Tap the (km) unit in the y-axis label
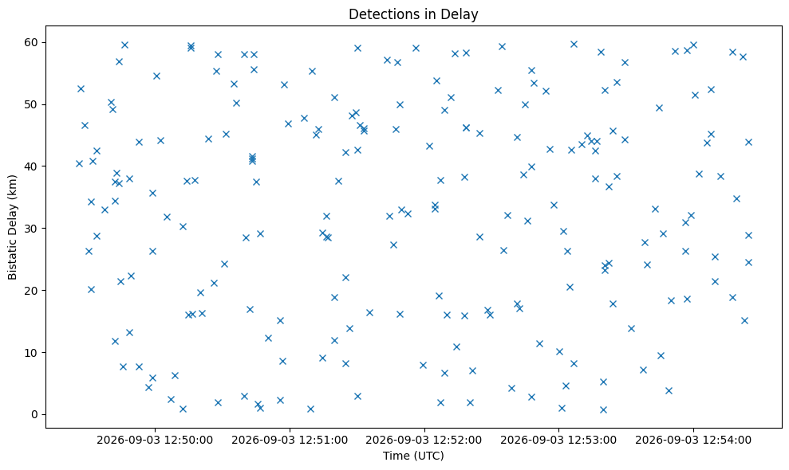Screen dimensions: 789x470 pyautogui.click(x=13, y=186)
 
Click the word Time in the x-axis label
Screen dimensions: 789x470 pyautogui.click(x=396, y=456)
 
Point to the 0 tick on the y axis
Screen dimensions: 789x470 pyautogui.click(x=35, y=415)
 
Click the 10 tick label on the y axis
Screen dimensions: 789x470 pyautogui.click(x=32, y=353)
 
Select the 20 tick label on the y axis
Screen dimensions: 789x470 pyautogui.click(x=32, y=291)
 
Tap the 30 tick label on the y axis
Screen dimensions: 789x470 pyautogui.click(x=32, y=229)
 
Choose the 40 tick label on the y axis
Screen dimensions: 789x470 pyautogui.click(x=32, y=166)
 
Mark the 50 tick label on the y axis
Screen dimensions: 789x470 pyautogui.click(x=32, y=104)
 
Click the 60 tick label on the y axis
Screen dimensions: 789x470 pyautogui.click(x=32, y=42)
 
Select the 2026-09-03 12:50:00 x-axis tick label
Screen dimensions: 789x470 pyautogui.click(x=155, y=441)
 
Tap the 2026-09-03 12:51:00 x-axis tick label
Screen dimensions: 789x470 pyautogui.click(x=290, y=441)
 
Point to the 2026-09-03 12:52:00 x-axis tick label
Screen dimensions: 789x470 pyautogui.click(x=424, y=441)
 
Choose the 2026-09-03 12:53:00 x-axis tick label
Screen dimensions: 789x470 pyautogui.click(x=558, y=441)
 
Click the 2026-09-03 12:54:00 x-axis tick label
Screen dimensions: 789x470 pyautogui.click(x=693, y=441)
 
